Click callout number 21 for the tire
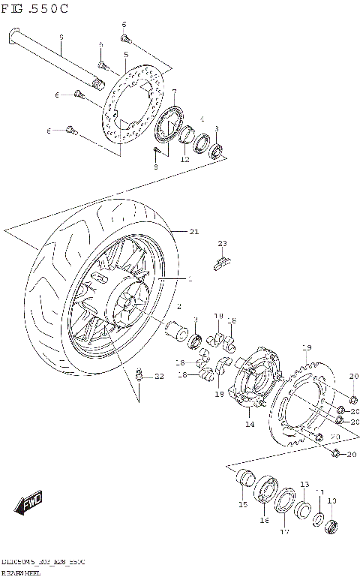click(193, 232)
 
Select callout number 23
click(222, 243)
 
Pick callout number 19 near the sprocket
click(306, 347)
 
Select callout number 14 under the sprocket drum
click(250, 424)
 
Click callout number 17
click(284, 533)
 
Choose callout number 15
click(243, 504)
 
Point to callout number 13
click(304, 484)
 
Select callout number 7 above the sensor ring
click(174, 93)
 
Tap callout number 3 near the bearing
click(217, 129)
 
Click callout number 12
click(184, 159)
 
